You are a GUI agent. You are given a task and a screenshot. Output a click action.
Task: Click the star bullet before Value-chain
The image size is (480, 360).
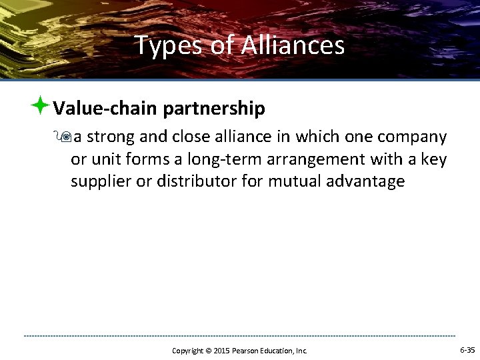tap(41, 105)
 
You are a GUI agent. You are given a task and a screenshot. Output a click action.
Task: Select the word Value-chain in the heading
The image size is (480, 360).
tap(105, 108)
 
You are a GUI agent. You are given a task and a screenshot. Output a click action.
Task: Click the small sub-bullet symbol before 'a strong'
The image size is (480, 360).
tap(65, 137)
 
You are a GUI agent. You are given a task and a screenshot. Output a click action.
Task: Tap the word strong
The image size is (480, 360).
tap(111, 137)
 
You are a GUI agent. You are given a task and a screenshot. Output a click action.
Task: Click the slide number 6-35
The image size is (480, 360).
tap(467, 350)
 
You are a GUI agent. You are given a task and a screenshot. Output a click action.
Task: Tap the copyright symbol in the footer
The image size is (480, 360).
tap(208, 351)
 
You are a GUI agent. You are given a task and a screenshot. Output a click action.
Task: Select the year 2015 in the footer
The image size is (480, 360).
tap(221, 351)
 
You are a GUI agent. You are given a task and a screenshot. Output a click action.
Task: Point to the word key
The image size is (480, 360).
tap(434, 160)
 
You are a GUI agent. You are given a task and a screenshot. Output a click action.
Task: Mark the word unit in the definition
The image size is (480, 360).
tap(105, 160)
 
